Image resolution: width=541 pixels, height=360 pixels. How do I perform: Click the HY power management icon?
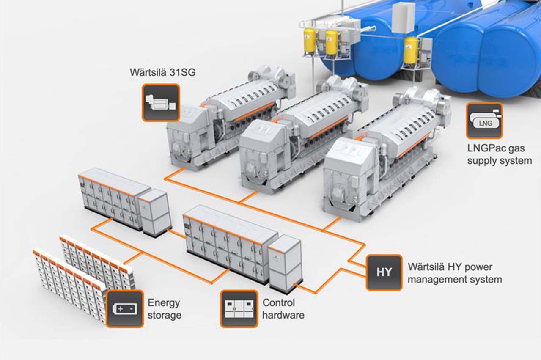(x=384, y=272)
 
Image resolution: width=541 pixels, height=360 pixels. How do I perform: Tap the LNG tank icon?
(x=484, y=121)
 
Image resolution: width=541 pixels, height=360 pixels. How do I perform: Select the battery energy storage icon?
(x=125, y=309)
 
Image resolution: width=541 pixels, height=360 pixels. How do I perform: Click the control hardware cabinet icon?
(x=239, y=309)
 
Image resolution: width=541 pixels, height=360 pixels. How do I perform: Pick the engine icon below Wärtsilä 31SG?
(x=161, y=103)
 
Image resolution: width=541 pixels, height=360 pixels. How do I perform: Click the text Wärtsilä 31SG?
(x=162, y=72)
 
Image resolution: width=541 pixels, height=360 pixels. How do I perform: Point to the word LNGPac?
(x=483, y=148)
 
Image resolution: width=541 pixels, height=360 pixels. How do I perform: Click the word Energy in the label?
(x=164, y=303)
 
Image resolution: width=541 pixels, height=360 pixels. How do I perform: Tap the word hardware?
(x=283, y=315)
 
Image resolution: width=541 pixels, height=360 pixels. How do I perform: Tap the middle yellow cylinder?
(x=331, y=42)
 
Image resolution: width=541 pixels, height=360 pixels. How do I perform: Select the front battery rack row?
(x=70, y=285)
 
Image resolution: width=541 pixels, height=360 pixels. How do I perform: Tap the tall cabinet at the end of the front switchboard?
(x=286, y=264)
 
